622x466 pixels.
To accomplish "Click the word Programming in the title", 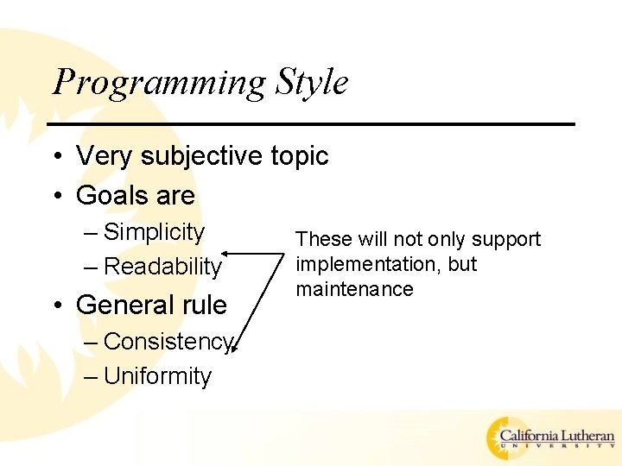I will (160, 83).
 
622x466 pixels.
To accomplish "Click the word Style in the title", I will (312, 82).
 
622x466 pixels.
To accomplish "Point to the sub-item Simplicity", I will (154, 232).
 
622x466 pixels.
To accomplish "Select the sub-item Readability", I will (162, 267).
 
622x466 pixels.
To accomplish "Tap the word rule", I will (205, 305).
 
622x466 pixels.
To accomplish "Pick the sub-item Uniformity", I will (157, 376).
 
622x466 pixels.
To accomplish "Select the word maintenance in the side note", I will (354, 289).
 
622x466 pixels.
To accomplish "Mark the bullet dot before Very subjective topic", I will (54, 157).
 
